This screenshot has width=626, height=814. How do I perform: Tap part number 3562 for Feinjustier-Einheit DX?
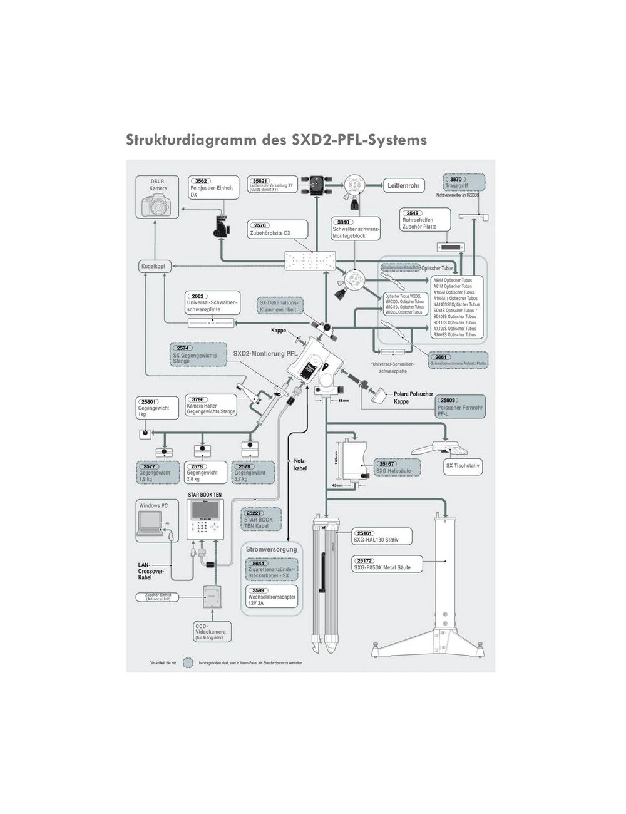pos(201,181)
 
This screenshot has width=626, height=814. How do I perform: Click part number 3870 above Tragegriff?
pos(456,179)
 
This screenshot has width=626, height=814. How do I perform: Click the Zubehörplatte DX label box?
pos(279,229)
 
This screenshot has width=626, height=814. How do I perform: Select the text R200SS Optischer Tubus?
pos(454,335)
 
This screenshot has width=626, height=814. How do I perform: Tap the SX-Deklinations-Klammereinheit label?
pos(279,306)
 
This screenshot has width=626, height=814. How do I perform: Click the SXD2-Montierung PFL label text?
pos(265,354)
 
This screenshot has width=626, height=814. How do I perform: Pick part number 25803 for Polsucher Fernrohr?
pos(448,400)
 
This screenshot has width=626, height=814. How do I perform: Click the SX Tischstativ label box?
pos(463,466)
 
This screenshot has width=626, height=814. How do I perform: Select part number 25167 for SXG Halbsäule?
pos(387,464)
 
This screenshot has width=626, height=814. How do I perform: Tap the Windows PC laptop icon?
pos(150,523)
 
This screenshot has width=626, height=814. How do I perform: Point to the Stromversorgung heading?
pos(271,550)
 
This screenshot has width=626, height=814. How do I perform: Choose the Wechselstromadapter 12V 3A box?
pos(271,597)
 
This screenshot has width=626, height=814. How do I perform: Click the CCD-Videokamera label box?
pos(210,632)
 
